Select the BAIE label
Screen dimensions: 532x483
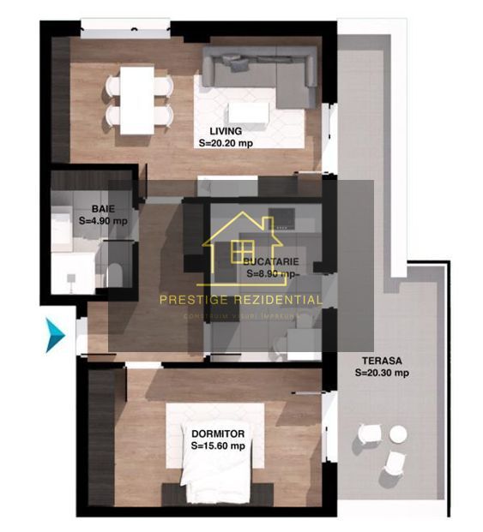(x=103, y=208)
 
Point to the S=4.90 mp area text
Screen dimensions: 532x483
(x=103, y=220)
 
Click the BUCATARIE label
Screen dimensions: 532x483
(x=270, y=260)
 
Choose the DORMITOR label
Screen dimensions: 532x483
(x=218, y=433)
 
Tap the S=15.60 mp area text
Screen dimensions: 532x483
(x=218, y=445)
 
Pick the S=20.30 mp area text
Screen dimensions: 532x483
(x=382, y=373)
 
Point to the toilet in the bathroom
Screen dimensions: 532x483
(x=115, y=274)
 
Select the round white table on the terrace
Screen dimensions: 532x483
(x=398, y=434)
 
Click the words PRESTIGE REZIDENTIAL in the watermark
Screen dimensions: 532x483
(x=241, y=300)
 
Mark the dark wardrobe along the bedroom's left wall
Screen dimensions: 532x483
(x=101, y=437)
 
